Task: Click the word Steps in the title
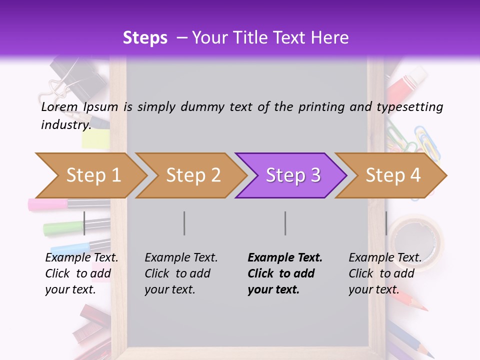(x=145, y=37)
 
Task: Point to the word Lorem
(x=59, y=106)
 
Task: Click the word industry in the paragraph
(x=65, y=125)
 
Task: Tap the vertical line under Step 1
(x=84, y=223)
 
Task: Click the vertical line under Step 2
(x=184, y=223)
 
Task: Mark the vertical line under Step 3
(x=285, y=223)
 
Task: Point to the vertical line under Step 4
(x=386, y=223)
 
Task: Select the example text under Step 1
(x=81, y=273)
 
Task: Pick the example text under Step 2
(x=180, y=273)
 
